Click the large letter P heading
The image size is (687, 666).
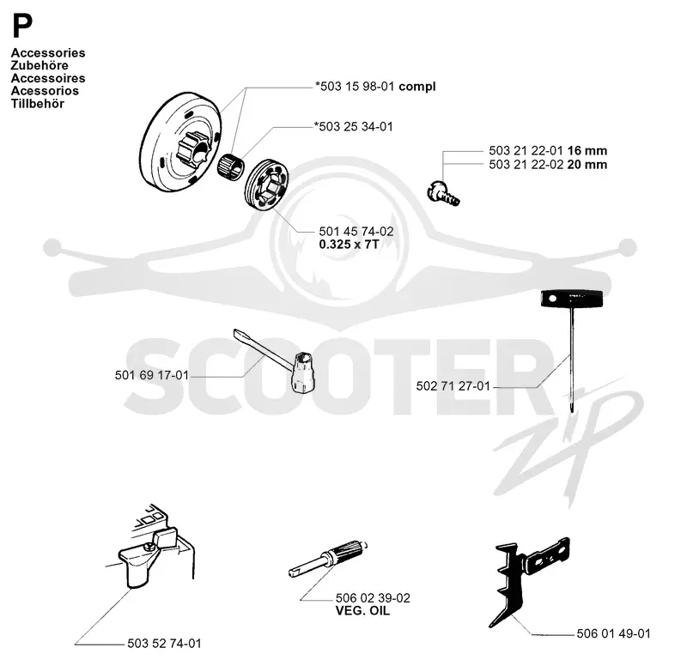pos(22,26)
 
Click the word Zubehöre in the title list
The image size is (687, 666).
pos(40,65)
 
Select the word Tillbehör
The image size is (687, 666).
pos(38,104)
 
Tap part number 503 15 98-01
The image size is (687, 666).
pos(355,87)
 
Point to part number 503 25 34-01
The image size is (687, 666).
pos(354,126)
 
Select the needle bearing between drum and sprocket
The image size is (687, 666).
pos(232,166)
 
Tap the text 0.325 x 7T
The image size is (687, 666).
pos(349,245)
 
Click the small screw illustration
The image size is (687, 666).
pos(443,194)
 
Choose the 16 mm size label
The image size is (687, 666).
pos(587,151)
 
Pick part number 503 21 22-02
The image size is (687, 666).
pos(526,165)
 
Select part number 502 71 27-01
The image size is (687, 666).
pos(453,385)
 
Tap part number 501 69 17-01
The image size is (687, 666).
pos(152,375)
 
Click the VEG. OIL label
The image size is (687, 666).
pos(362,610)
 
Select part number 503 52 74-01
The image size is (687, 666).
pos(164,643)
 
